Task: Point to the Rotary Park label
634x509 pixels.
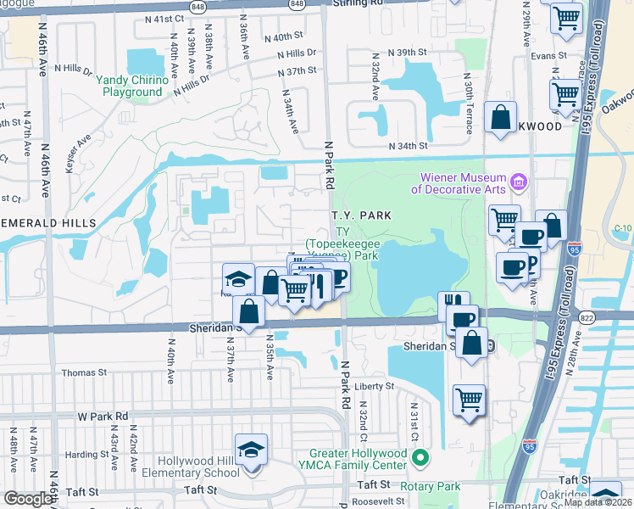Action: (x=431, y=486)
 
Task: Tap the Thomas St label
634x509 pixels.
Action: (x=84, y=372)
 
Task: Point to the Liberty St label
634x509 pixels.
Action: (x=375, y=386)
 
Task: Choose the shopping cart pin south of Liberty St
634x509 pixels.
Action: (x=469, y=400)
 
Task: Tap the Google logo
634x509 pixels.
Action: (x=28, y=499)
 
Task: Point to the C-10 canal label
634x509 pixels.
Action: (x=624, y=227)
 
